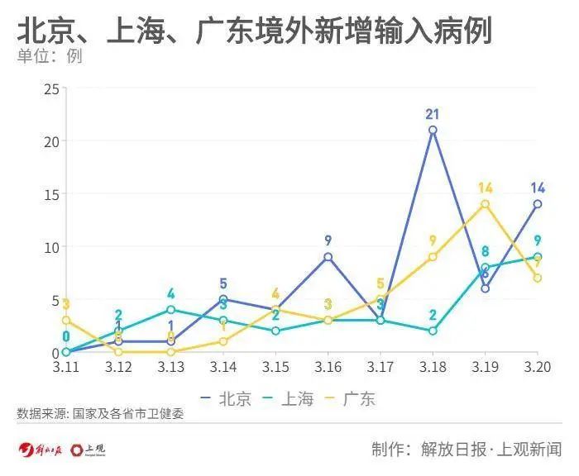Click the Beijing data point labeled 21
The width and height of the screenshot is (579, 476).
pos(433,131)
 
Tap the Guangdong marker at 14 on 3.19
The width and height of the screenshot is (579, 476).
pos(485,204)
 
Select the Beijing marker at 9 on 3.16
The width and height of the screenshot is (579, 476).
pos(328,257)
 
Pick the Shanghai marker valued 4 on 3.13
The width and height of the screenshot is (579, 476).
pos(171,310)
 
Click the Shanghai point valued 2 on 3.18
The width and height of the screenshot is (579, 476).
pos(433,331)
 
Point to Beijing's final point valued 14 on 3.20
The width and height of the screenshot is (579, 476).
pos(538,204)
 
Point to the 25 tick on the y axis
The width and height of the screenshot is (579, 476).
pos(50,88)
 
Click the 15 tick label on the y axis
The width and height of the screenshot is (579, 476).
pos(50,194)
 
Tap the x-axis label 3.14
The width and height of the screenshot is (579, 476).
pos(223,365)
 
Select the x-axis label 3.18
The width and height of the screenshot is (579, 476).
pos(433,365)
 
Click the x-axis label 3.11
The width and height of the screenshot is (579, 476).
pos(66,365)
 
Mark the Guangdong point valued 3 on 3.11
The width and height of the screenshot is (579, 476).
pos(66,320)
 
